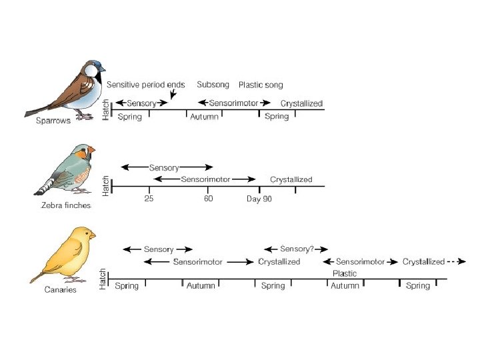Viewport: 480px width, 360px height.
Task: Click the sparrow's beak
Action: (104, 69)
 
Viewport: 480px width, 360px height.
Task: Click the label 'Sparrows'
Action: (53, 121)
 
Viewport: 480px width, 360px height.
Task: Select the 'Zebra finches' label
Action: (66, 205)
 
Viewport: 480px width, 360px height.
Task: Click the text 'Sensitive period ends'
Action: (145, 85)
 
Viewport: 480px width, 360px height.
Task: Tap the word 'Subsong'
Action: (213, 85)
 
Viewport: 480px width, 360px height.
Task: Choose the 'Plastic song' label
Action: (261, 85)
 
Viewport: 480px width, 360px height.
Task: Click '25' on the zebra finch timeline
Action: (149, 199)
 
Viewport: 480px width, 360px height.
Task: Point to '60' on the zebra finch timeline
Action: (209, 199)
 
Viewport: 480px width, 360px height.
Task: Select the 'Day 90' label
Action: (259, 199)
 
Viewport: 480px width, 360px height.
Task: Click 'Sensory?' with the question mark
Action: (297, 249)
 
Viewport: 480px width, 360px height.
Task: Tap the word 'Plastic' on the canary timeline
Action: (345, 273)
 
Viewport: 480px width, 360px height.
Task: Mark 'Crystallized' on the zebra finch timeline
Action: (291, 179)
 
